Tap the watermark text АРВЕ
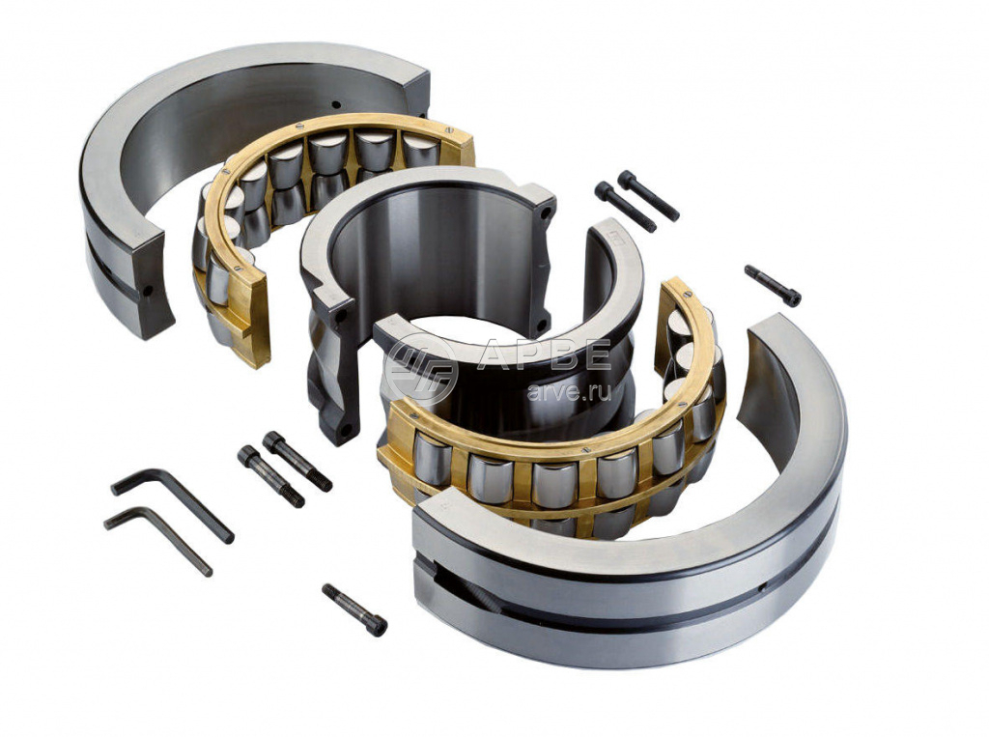click(544, 355)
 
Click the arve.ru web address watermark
click(569, 392)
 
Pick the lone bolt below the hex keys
click(354, 609)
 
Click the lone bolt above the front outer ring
click(773, 285)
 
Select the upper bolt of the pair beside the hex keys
click(297, 461)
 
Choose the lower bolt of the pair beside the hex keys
click(270, 476)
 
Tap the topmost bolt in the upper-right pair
click(648, 196)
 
